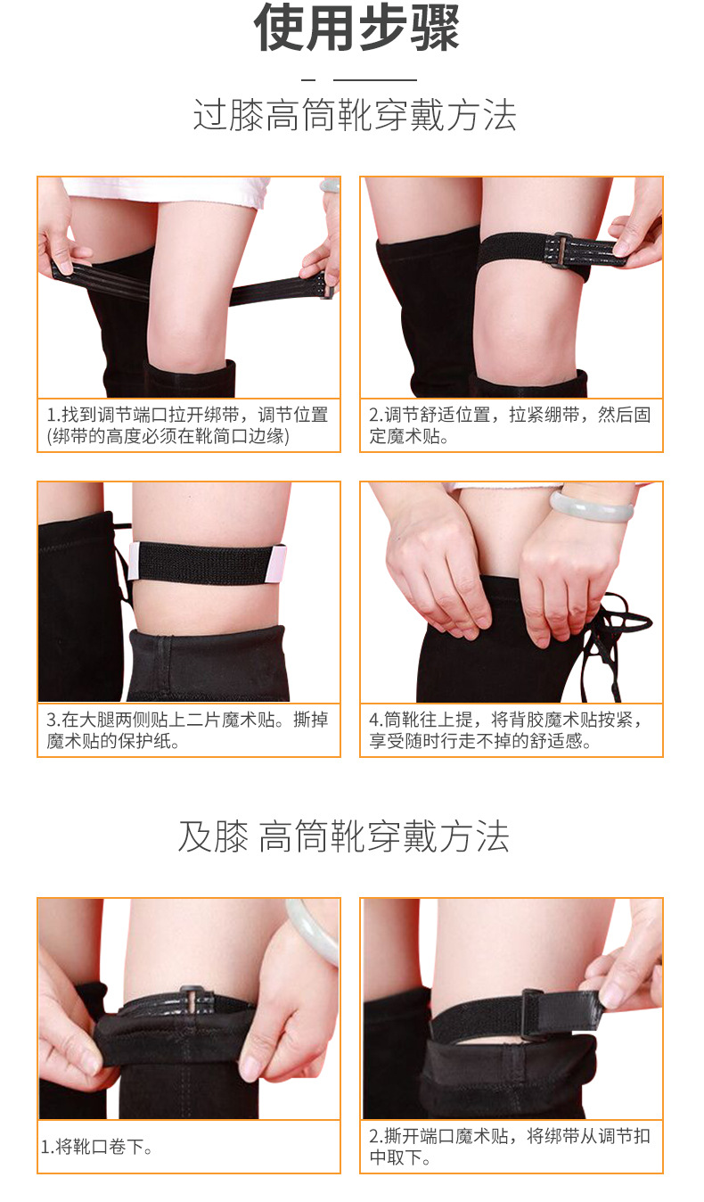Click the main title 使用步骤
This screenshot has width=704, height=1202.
356,28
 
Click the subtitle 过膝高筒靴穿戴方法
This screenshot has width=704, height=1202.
355,116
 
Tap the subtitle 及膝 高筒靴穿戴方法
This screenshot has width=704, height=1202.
343,837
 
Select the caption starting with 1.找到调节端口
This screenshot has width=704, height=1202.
188,425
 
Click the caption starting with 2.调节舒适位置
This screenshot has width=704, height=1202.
510,425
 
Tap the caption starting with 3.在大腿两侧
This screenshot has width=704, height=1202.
188,730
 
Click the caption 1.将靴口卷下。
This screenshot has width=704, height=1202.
97,1148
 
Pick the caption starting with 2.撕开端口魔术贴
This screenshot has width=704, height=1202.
510,1148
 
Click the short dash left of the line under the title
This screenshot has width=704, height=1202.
308,80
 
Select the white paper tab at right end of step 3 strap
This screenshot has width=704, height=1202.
279,562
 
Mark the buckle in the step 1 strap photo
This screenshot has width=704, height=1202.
326,287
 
